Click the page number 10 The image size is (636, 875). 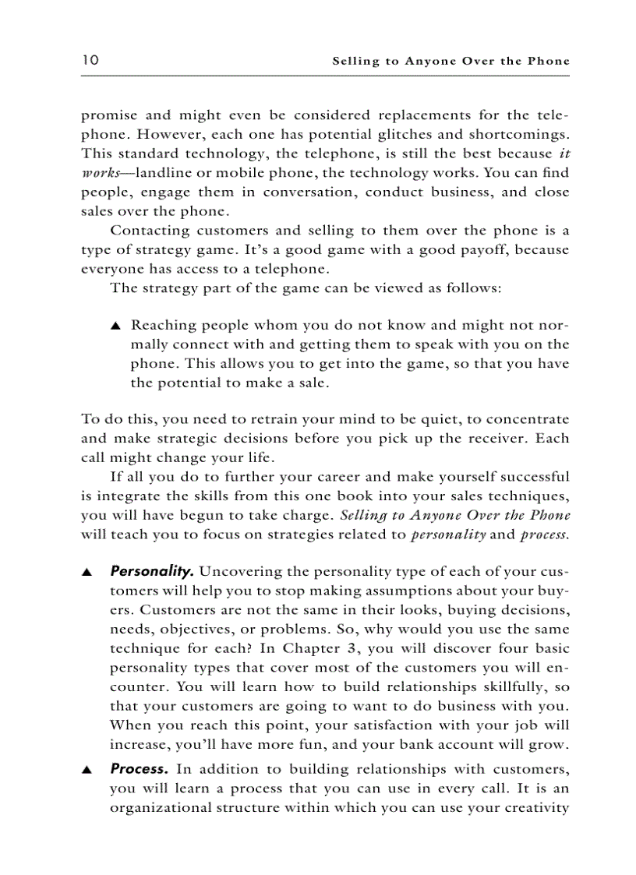pos(89,60)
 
